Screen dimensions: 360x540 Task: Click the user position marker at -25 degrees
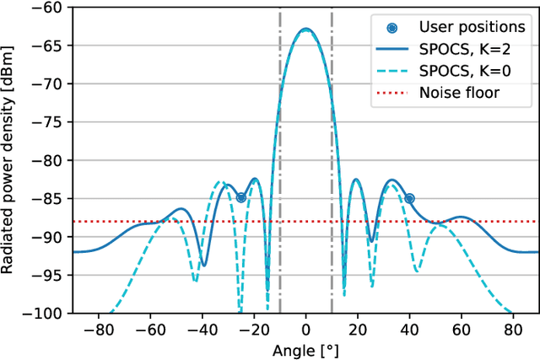click(241, 198)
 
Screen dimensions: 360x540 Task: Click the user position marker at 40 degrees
click(409, 198)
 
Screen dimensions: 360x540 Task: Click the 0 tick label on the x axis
click(306, 329)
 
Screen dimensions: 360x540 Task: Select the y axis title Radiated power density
click(12, 160)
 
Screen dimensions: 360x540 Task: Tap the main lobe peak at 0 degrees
click(305, 30)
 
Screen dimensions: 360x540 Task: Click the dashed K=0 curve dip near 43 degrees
click(417, 271)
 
